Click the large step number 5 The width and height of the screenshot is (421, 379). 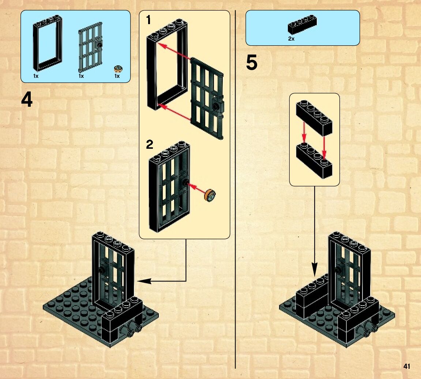(251, 63)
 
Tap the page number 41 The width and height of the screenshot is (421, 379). (406, 366)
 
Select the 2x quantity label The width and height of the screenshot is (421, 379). (291, 38)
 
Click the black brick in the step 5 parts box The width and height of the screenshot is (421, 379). (302, 26)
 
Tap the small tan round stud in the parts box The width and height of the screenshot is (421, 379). (118, 68)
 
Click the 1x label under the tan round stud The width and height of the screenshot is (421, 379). (117, 76)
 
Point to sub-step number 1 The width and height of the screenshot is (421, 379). (148, 20)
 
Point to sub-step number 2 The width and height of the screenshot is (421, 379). (150, 145)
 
